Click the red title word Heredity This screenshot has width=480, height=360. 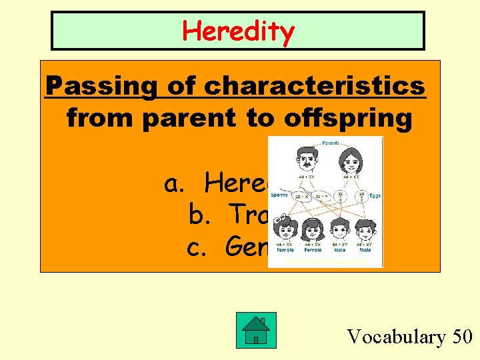pos(238,31)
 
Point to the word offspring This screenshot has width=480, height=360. pos(337,118)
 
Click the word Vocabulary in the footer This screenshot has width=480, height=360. pos(395,337)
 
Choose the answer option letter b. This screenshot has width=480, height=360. pos(198,215)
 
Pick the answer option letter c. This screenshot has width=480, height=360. pos(196,247)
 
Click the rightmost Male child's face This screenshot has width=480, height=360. pos(364,232)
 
